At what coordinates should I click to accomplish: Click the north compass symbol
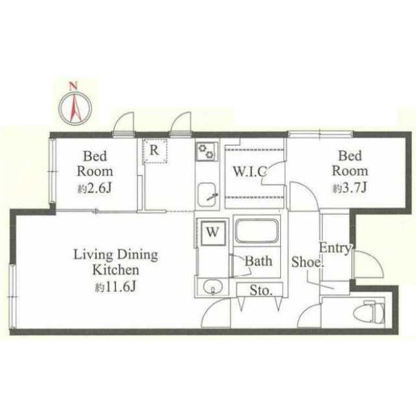pyautogui.click(x=75, y=108)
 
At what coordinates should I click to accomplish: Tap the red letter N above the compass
pyautogui.click(x=73, y=86)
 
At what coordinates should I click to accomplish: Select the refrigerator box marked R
pyautogui.click(x=155, y=150)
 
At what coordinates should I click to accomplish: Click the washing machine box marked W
pyautogui.click(x=213, y=233)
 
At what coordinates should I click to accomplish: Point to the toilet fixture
pyautogui.click(x=369, y=312)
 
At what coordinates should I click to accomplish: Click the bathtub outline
pyautogui.click(x=257, y=231)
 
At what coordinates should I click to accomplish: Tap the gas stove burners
pyautogui.click(x=207, y=151)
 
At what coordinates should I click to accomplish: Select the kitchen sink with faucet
pyautogui.click(x=208, y=196)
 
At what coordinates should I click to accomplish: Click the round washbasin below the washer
pyautogui.click(x=213, y=287)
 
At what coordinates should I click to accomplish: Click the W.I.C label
pyautogui.click(x=250, y=172)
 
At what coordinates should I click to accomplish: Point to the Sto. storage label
pyautogui.click(x=261, y=291)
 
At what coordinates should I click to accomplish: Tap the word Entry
pyautogui.click(x=335, y=248)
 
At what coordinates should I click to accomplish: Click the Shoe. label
pyautogui.click(x=307, y=262)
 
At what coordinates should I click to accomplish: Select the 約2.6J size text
pyautogui.click(x=95, y=188)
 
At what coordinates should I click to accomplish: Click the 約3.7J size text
pyautogui.click(x=350, y=188)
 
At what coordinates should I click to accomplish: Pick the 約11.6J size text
pyautogui.click(x=116, y=287)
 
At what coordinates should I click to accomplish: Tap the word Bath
pyautogui.click(x=259, y=261)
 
